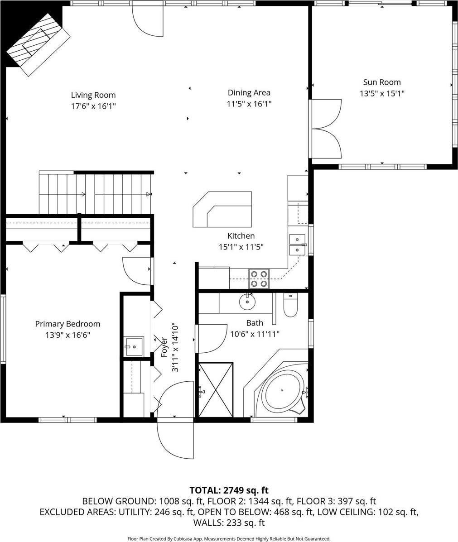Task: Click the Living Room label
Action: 93,95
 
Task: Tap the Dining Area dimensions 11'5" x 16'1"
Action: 249,104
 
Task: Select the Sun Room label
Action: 381,82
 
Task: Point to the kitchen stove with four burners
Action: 259,278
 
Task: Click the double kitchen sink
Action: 297,245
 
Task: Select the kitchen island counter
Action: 223,209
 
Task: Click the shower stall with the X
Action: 216,389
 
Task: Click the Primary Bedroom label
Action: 67,324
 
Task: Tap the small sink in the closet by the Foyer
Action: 134,346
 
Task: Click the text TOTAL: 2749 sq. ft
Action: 229,490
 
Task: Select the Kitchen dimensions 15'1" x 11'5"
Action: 241,247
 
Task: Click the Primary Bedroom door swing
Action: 137,270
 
